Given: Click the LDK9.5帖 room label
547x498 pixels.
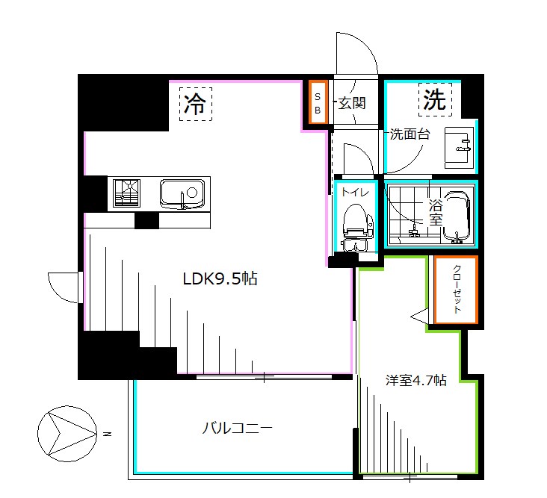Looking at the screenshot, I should pyautogui.click(x=220, y=279).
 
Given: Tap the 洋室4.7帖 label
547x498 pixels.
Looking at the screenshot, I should pyautogui.click(x=415, y=380).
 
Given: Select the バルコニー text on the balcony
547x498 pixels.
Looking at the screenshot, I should pyautogui.click(x=237, y=429).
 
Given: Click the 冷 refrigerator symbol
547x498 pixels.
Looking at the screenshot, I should pyautogui.click(x=195, y=103).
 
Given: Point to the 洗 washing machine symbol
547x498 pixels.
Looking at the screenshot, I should pyautogui.click(x=435, y=99).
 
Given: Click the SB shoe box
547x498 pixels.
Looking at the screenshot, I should pyautogui.click(x=317, y=102).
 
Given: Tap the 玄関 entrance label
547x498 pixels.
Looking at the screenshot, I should pyautogui.click(x=352, y=103).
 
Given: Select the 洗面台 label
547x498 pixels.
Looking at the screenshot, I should pyautogui.click(x=408, y=136).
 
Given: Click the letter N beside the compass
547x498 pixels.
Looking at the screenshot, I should pyautogui.click(x=108, y=433).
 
